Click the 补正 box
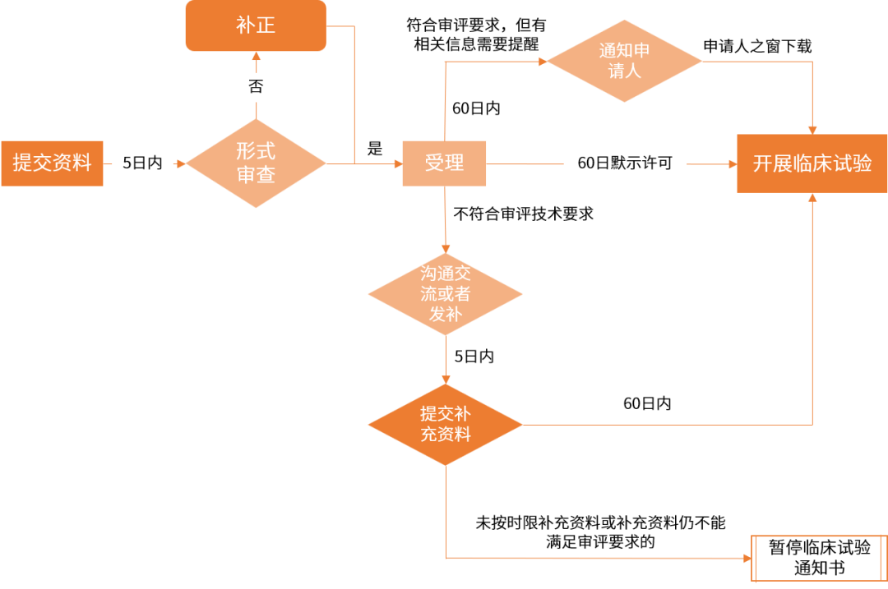point(255,25)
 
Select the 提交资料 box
point(52,163)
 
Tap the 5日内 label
point(142,163)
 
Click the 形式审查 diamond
point(256,163)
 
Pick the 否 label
point(256,87)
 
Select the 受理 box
point(444,163)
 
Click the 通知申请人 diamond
point(625,61)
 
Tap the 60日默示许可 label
point(625,163)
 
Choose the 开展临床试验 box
point(812,163)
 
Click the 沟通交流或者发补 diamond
point(445,293)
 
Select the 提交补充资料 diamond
point(445,424)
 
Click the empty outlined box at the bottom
point(819,559)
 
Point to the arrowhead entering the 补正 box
point(256,57)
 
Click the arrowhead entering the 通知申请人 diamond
point(542,61)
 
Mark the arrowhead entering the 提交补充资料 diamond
point(446,379)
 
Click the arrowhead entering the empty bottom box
point(747,559)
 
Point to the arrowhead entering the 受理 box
point(396,163)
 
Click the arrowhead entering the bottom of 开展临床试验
point(812,198)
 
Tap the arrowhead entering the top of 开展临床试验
point(812,129)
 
